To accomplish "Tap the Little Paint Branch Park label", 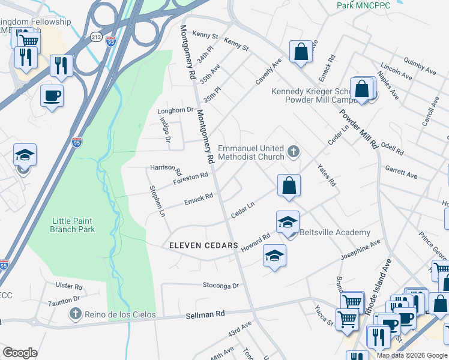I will (80, 225).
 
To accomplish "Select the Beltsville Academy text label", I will (334, 233).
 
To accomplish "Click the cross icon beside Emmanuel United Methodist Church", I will (294, 151).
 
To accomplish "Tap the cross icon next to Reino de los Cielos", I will (75, 313).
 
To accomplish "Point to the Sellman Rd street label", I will (205, 313).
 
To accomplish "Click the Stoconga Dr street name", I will (221, 286).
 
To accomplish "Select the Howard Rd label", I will (256, 242).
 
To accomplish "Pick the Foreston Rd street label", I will (190, 178).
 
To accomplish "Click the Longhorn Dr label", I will (175, 110).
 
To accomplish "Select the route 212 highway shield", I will (96, 37).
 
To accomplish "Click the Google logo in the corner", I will (20, 353).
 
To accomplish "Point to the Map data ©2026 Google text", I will (411, 355).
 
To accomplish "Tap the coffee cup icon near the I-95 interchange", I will (52, 95).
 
